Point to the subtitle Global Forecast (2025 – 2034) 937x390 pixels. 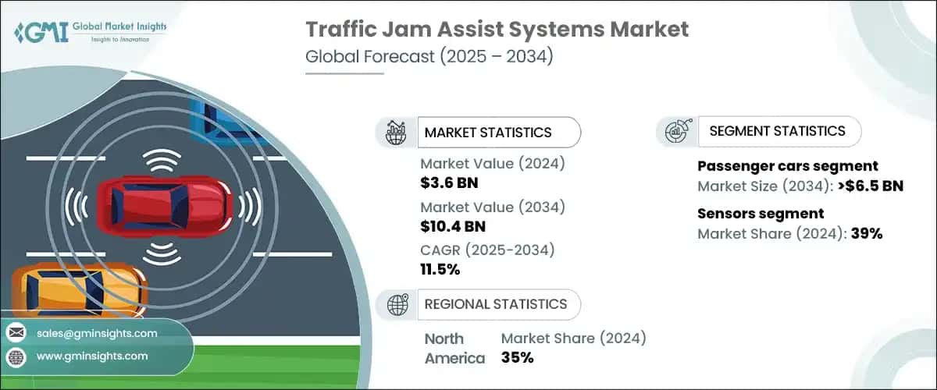[429, 57]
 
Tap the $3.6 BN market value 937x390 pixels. [449, 183]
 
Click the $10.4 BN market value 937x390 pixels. [453, 227]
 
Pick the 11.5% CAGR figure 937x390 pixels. [440, 270]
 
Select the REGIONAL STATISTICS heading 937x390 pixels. [496, 304]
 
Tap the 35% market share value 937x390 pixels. [517, 358]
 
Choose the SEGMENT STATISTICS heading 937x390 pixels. [777, 131]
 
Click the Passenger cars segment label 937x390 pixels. [787, 166]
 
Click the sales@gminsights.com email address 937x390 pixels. [96, 333]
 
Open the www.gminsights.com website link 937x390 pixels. [91, 356]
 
